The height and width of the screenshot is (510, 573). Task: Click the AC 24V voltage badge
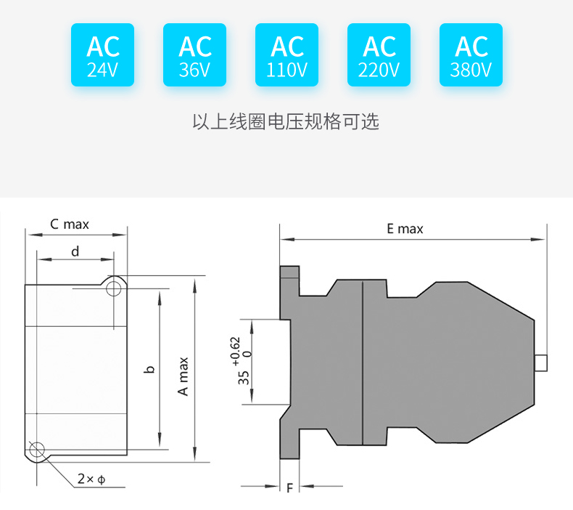tap(102, 55)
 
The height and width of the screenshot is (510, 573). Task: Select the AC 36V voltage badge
tap(194, 55)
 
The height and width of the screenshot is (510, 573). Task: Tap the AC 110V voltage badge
tap(287, 55)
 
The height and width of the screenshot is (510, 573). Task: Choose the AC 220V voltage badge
tap(379, 55)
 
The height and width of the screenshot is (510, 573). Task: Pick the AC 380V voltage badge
tap(471, 55)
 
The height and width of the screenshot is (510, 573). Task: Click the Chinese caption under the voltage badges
tap(286, 121)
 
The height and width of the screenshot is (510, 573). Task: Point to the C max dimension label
tap(70, 224)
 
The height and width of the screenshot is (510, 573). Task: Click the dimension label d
tap(75, 251)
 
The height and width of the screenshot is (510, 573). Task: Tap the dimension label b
tap(150, 369)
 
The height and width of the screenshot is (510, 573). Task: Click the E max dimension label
tap(405, 229)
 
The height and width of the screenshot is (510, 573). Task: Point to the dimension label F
tap(289, 488)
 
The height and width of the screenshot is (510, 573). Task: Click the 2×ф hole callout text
tap(91, 479)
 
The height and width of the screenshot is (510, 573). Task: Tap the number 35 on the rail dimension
tap(244, 377)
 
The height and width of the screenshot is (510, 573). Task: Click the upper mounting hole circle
tap(113, 289)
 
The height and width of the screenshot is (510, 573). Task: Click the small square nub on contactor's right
tap(540, 362)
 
